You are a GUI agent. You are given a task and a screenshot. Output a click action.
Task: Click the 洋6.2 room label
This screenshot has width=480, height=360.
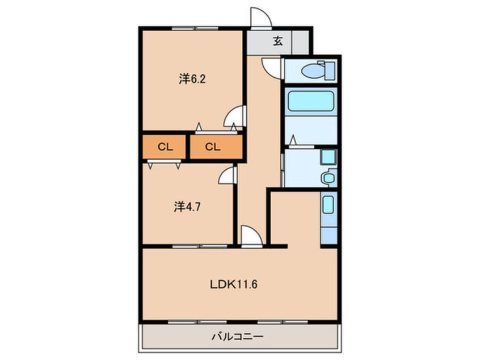(x=192, y=79)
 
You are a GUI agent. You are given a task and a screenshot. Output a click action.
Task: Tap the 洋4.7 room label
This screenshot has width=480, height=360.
(x=187, y=207)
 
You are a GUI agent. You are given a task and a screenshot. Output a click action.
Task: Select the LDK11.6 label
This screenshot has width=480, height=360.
(x=233, y=284)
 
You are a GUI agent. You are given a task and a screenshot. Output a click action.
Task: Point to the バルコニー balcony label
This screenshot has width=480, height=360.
(x=238, y=337)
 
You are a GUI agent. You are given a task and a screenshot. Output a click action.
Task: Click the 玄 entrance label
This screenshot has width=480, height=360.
(x=277, y=41)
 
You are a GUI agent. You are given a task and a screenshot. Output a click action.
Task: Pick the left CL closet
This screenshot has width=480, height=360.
(x=165, y=147)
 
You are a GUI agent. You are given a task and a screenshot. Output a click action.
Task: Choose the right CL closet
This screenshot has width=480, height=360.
(x=216, y=147)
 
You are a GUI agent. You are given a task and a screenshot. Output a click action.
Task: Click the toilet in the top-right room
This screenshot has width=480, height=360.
(x=318, y=70)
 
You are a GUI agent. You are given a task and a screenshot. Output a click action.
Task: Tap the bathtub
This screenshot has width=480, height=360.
(x=311, y=102)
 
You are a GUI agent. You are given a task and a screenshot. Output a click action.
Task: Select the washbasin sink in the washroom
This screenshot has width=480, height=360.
(x=328, y=177)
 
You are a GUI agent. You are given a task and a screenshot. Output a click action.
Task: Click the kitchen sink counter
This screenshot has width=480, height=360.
(x=329, y=218)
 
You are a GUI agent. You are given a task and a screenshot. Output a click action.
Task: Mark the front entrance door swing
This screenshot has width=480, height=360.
(x=261, y=18)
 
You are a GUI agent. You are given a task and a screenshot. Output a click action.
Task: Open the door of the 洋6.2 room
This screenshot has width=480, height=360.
(x=235, y=116)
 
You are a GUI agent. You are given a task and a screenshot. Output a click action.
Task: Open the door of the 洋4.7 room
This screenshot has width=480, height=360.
(x=228, y=175)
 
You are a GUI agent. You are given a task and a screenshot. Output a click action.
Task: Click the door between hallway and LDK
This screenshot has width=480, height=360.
(x=252, y=236)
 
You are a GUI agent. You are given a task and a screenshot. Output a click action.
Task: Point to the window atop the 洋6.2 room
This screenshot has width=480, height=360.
(x=195, y=28)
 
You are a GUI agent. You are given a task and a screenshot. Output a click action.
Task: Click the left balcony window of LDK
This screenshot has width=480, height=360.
(x=197, y=322)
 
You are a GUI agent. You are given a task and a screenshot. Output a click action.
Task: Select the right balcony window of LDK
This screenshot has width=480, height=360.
(x=283, y=322)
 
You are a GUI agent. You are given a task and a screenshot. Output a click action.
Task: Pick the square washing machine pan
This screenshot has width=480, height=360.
(x=328, y=157)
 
